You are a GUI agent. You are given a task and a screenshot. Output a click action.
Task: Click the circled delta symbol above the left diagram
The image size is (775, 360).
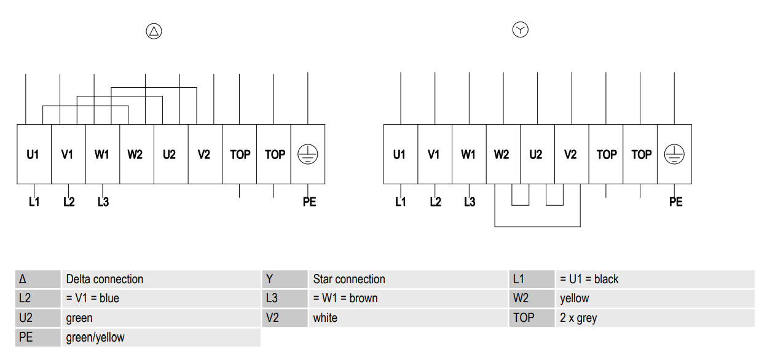coord(154,31)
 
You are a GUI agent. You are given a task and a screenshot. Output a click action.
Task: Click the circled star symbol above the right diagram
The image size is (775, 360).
coord(521,29)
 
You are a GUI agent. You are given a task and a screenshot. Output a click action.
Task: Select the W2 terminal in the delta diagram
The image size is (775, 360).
coord(136,154)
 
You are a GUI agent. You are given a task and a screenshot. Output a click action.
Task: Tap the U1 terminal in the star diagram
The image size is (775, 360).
coord(401,154)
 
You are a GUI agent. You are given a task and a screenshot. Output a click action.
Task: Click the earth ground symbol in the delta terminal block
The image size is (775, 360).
coord(307,154)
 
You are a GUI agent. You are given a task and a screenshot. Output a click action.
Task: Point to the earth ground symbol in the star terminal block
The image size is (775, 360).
coord(674,154)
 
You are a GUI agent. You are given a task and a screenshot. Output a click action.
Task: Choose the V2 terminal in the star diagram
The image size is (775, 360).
coord(572,154)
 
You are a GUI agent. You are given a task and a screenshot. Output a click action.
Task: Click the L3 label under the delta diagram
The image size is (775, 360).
coord(103,202)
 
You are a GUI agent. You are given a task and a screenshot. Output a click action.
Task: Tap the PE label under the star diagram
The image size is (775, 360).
coord(675,202)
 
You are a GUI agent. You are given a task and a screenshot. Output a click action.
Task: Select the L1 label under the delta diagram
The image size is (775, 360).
coord(34,202)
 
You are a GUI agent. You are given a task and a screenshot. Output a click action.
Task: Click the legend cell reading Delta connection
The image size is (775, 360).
coord(161,279)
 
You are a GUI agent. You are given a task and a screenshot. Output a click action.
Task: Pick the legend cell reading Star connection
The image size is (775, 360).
coord(408,279)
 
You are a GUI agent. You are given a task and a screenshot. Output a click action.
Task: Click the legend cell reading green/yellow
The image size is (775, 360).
coord(161,337)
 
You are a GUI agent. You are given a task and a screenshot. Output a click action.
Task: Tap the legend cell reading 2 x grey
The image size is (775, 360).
coord(655,318)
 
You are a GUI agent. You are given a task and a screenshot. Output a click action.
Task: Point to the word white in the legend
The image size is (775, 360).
coord(325,318)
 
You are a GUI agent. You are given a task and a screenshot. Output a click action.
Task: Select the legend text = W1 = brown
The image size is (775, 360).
coord(345,298)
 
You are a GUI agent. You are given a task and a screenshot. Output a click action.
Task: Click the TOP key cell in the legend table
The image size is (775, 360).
coord(532,318)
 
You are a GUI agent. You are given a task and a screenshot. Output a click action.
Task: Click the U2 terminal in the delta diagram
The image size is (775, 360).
coord(171,154)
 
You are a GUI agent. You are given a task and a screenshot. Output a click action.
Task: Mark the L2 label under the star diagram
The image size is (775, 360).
coord(435,202)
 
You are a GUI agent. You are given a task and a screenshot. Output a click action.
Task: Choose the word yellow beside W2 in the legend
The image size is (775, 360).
coord(574,299)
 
